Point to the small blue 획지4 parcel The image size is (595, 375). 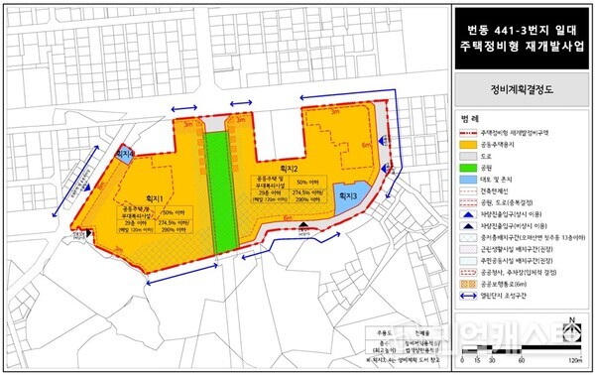point(124,154)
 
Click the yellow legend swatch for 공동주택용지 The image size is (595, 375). point(465,143)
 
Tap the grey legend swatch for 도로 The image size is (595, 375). point(465,156)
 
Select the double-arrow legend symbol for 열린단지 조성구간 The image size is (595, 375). point(465,306)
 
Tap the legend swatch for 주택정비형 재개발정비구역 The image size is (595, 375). point(465,130)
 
